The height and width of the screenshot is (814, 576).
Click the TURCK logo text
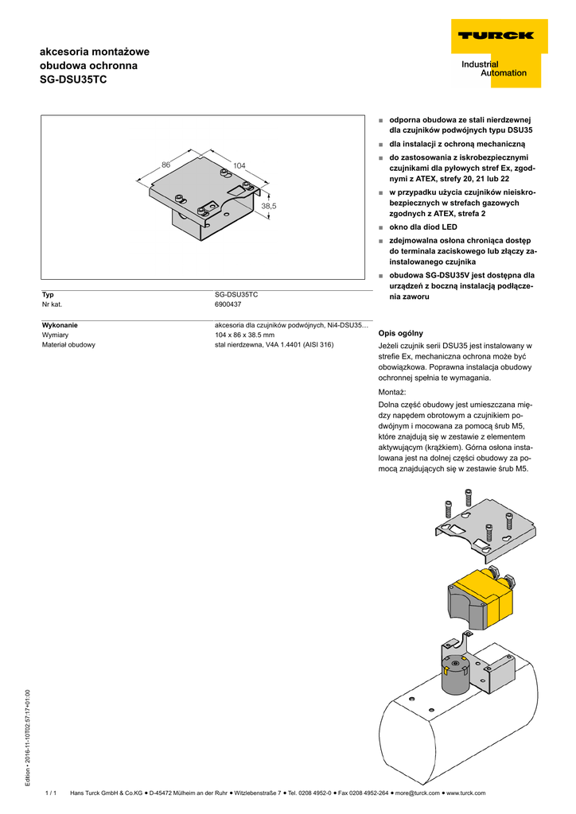tap(495, 35)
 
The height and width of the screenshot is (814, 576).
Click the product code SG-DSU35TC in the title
tap(73, 80)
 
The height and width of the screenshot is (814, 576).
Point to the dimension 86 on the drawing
tap(166, 164)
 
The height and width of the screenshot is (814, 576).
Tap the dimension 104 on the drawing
tap(239, 165)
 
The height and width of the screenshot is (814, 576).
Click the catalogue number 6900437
tap(228, 304)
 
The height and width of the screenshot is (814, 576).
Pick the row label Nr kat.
tap(52, 304)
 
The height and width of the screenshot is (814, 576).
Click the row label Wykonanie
tap(60, 325)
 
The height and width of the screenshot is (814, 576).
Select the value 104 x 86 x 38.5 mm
tap(245, 335)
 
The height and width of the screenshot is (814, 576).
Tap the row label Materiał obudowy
tap(68, 345)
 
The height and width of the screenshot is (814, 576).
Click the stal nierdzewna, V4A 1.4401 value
tap(274, 345)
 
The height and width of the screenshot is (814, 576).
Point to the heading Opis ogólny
tap(401, 333)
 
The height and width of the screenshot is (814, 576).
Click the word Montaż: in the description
tap(392, 393)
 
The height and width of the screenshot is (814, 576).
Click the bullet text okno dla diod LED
tap(423, 227)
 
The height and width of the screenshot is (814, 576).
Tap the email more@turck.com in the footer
tap(418, 793)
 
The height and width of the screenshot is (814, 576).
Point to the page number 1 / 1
tap(51, 793)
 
